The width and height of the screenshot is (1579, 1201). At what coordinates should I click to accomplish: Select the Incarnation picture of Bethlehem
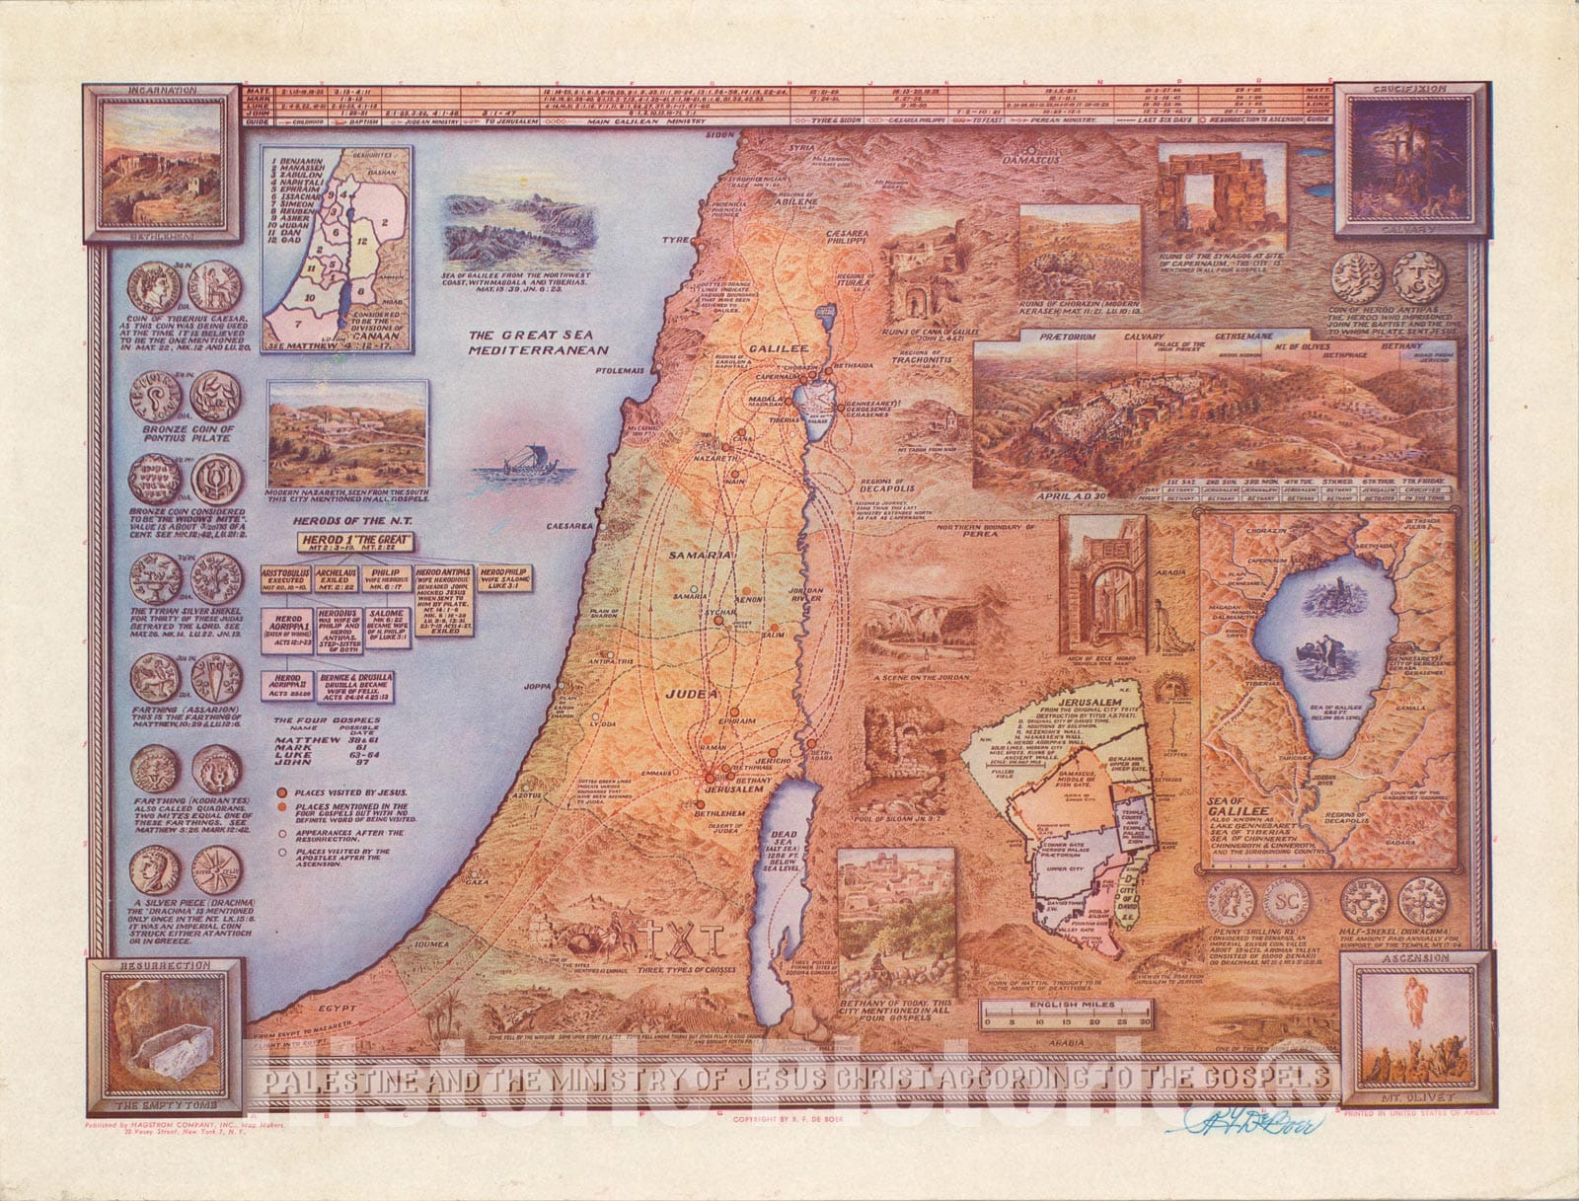point(162,163)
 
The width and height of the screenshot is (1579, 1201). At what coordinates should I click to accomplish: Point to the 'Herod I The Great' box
point(355,542)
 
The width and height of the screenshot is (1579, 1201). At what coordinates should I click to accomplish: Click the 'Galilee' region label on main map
point(778,348)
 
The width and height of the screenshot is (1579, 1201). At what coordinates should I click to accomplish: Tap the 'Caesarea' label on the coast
point(567,527)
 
